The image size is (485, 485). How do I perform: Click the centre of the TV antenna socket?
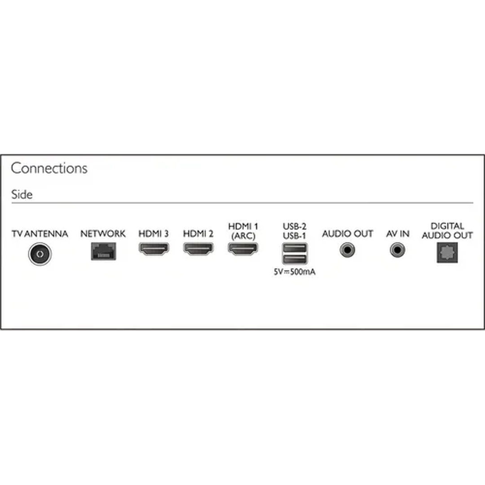click(x=40, y=254)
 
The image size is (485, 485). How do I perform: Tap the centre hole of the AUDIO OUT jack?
click(x=347, y=250)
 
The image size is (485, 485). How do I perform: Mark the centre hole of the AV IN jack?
click(x=397, y=250)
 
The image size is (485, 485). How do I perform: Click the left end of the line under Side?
click(x=12, y=203)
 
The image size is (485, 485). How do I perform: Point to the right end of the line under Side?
click(x=473, y=203)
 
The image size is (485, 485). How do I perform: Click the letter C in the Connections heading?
click(x=16, y=168)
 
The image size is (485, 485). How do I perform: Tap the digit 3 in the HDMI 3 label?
click(x=166, y=234)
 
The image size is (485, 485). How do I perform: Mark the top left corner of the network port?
click(x=91, y=243)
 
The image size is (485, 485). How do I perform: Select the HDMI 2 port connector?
click(x=198, y=249)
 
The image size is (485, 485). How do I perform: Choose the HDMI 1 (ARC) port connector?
click(x=243, y=249)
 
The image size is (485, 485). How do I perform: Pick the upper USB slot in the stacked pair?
click(x=295, y=248)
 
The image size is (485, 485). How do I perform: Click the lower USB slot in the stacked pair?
click(x=295, y=259)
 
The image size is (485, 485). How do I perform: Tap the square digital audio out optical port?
click(x=447, y=253)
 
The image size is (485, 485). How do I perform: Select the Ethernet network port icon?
click(x=104, y=251)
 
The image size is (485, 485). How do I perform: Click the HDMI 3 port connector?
click(x=154, y=249)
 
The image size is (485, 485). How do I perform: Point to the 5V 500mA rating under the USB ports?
click(x=295, y=272)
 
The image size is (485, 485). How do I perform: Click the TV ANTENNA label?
click(x=40, y=234)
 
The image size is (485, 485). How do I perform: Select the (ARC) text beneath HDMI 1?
click(x=243, y=236)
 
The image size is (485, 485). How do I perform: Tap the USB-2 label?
click(x=295, y=226)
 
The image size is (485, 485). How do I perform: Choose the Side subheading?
click(x=22, y=194)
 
